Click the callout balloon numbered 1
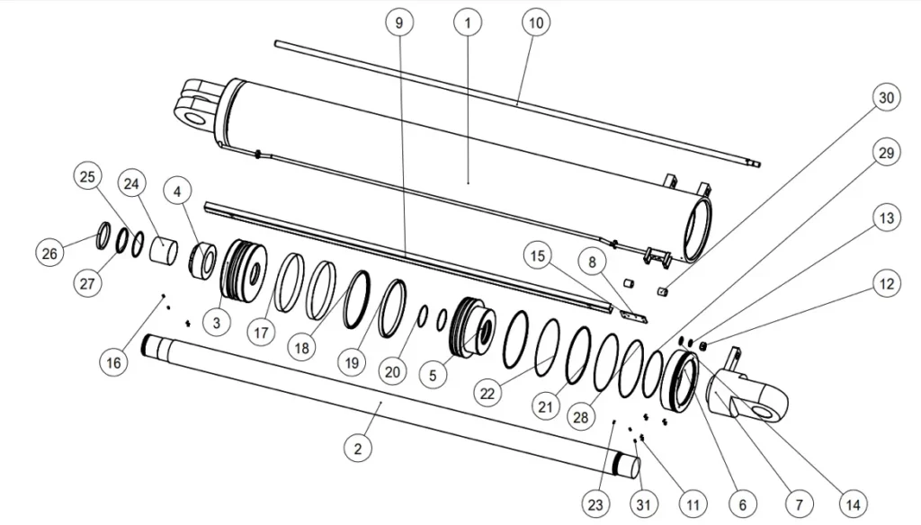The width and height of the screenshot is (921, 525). (467, 23)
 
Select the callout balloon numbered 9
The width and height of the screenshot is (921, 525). (400, 23)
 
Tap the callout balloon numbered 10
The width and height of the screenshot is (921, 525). (535, 23)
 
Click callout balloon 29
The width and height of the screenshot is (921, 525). (887, 154)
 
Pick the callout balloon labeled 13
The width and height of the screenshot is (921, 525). (887, 218)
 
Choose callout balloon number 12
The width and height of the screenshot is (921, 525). (887, 284)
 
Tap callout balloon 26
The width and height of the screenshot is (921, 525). (50, 254)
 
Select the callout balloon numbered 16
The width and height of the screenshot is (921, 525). (112, 362)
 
